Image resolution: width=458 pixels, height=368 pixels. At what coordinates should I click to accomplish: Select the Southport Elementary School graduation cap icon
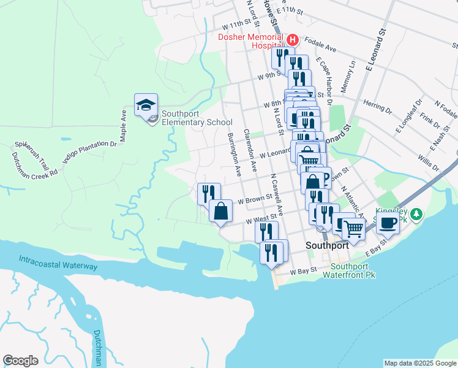coord(146,105)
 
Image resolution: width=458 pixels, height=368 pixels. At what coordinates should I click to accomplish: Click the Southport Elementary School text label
coord(189,118)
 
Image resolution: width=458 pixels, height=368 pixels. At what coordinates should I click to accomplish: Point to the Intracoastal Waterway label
coord(58,263)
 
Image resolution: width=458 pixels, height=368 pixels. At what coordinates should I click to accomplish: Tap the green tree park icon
coord(417,214)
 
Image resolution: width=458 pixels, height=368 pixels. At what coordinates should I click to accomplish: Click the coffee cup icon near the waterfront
coord(388,223)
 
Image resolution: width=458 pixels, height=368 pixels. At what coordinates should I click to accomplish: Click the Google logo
coord(20,360)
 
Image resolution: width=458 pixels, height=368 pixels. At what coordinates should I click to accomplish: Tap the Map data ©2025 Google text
coord(419,363)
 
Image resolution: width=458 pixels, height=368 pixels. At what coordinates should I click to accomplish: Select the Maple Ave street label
coord(124,126)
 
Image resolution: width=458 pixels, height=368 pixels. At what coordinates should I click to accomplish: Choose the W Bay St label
coord(303,270)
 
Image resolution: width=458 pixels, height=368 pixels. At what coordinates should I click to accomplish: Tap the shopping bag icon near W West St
coord(221,211)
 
